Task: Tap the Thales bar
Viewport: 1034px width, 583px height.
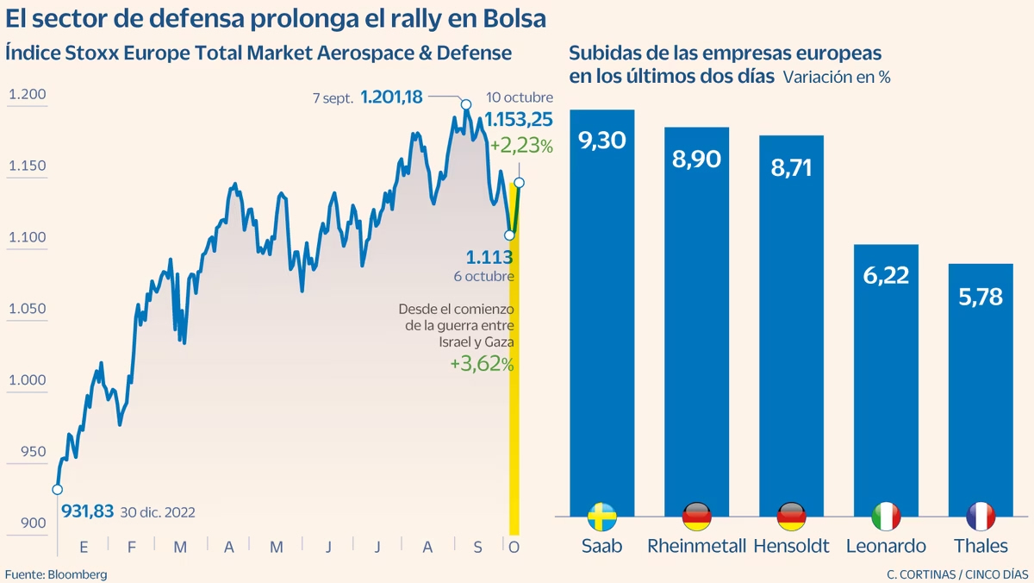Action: click(x=981, y=388)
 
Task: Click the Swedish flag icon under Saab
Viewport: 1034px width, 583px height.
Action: click(x=601, y=517)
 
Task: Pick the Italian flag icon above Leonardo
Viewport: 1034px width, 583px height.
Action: click(x=886, y=517)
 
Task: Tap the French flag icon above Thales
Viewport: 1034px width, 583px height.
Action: click(x=981, y=517)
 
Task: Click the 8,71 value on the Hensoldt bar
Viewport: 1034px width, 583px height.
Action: click(x=791, y=166)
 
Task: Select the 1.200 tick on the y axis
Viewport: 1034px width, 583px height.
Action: click(x=27, y=95)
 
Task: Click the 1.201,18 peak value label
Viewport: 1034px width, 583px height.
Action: click(x=391, y=97)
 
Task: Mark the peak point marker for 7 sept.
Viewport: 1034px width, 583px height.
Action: click(x=466, y=105)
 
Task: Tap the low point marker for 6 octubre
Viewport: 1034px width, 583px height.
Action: click(x=509, y=235)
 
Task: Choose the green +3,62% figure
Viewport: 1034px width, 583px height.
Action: click(x=482, y=364)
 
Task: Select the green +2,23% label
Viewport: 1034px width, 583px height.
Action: click(x=520, y=146)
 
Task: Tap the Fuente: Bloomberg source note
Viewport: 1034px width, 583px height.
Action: click(x=56, y=574)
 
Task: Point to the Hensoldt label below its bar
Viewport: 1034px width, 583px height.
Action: click(x=791, y=546)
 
